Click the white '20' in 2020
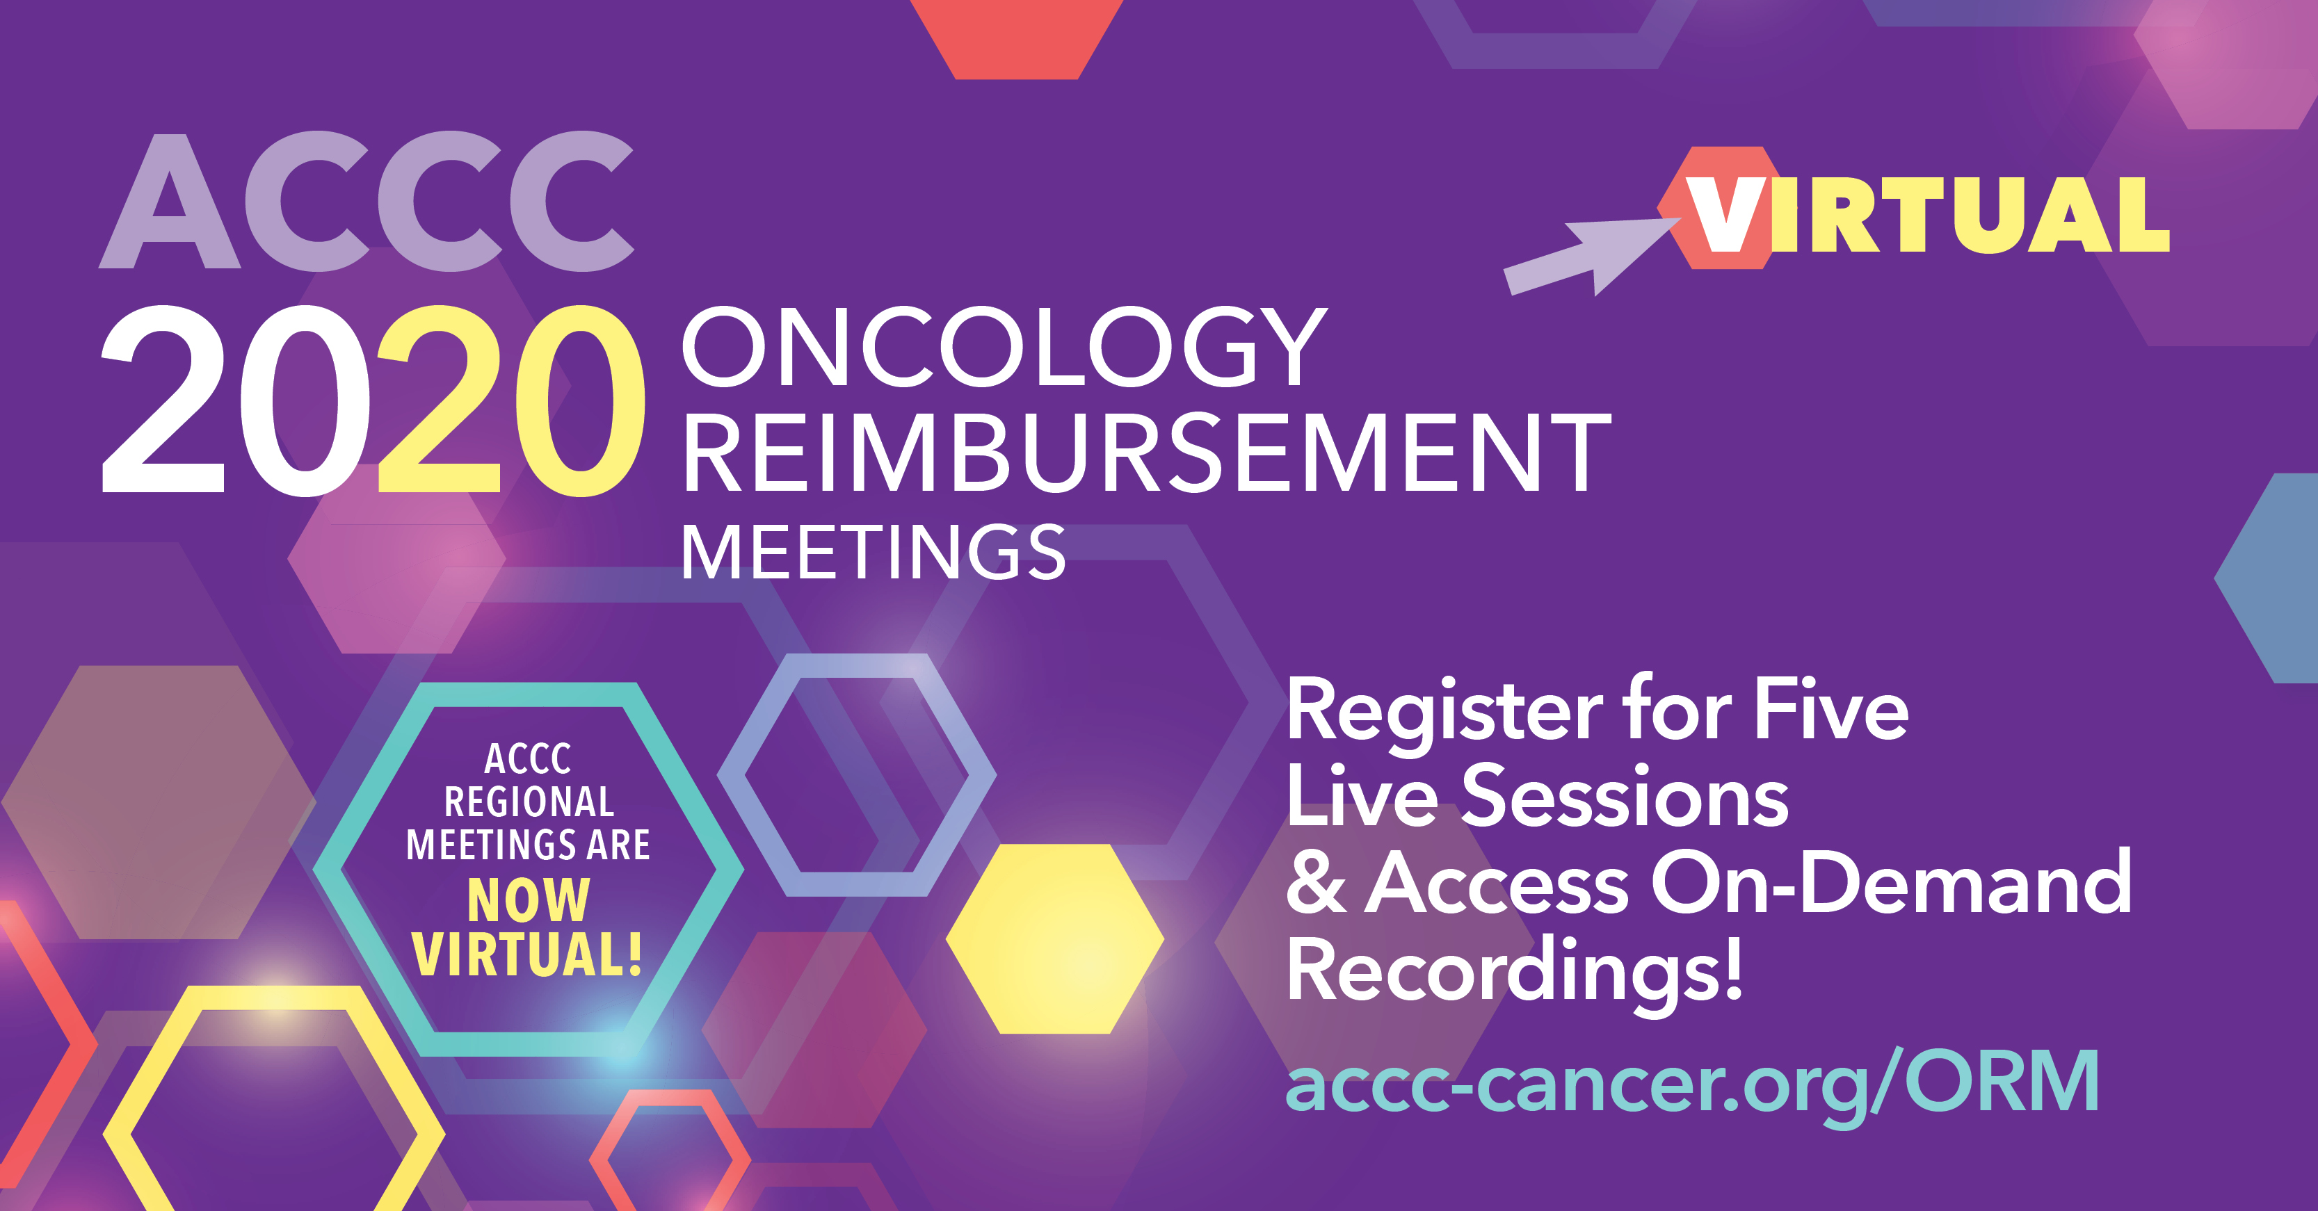(236, 400)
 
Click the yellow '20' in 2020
(511, 400)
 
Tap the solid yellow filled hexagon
(1054, 938)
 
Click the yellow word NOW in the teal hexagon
(528, 900)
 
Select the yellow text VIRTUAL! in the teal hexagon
(527, 954)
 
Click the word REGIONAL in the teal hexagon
(528, 802)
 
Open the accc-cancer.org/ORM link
(1691, 1082)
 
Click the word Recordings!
(1515, 972)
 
